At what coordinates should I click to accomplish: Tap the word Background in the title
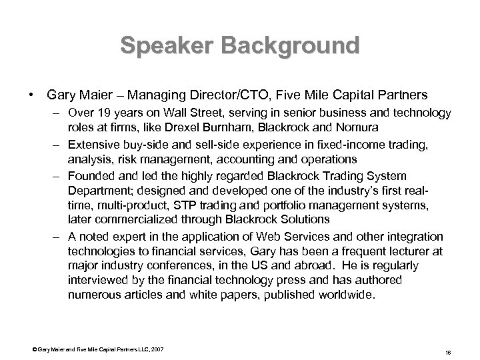tap(287, 46)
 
